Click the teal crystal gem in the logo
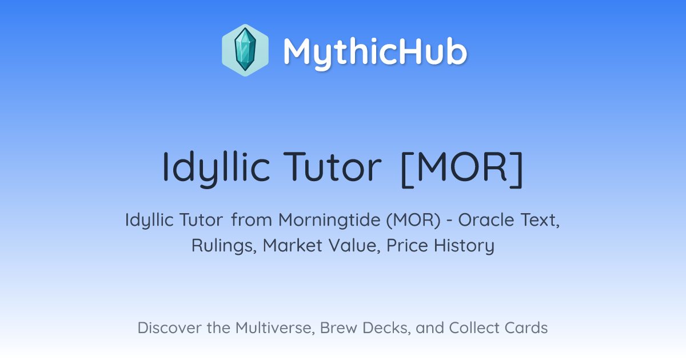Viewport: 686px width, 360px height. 245,50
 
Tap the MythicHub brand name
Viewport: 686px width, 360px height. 375,52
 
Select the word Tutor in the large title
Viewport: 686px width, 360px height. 332,167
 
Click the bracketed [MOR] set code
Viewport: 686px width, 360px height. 462,169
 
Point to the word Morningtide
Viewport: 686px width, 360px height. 329,221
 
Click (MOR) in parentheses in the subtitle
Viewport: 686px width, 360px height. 413,221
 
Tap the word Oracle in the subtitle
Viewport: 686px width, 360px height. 486,220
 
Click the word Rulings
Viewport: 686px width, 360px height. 224,246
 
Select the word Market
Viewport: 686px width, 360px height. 293,246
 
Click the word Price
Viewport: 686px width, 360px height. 407,246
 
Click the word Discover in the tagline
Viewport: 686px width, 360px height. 169,328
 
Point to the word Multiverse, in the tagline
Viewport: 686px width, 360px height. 276,328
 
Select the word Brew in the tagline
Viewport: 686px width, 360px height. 338,328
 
